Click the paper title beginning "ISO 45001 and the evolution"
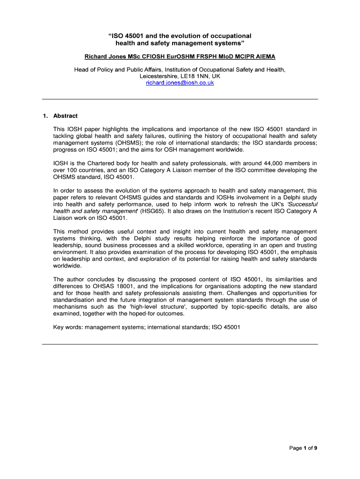(x=180, y=40)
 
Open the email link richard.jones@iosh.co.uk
(x=180, y=83)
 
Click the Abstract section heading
(x=65, y=116)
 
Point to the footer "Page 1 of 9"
(x=303, y=448)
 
